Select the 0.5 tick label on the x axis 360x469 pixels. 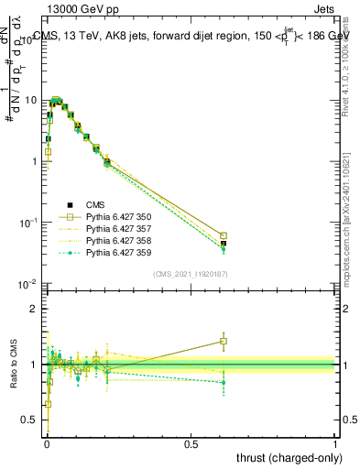click(191, 443)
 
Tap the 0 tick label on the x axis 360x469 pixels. click(46, 443)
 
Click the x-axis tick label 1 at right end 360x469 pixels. click(335, 443)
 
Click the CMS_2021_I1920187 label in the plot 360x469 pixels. click(191, 274)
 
